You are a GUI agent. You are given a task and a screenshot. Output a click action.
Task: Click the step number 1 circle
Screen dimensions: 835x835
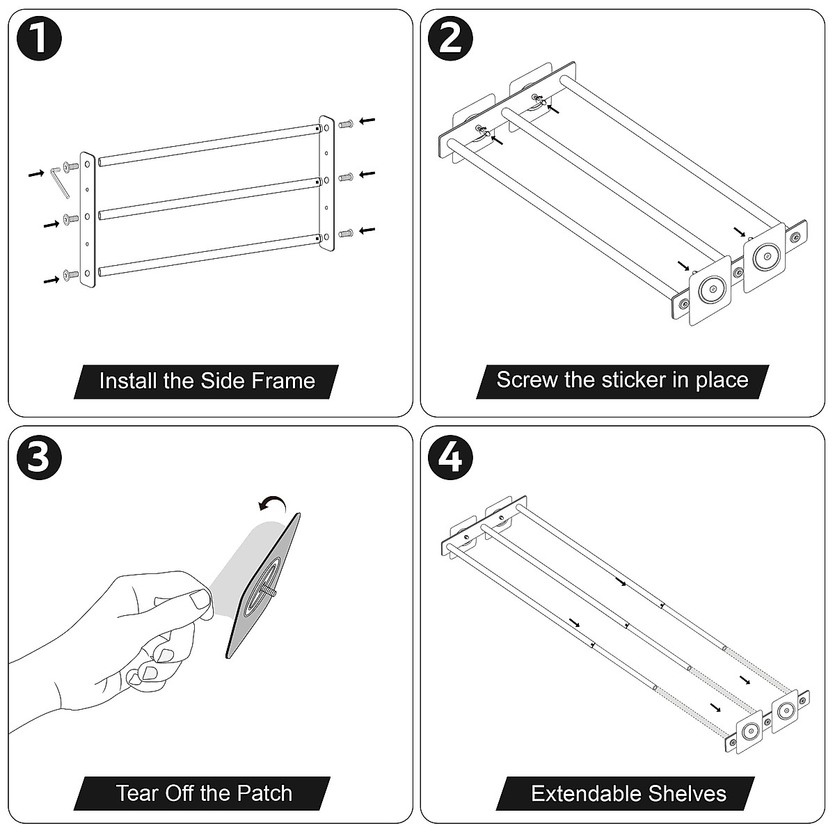tap(39, 39)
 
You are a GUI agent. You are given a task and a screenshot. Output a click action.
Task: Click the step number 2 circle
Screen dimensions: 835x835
tap(452, 39)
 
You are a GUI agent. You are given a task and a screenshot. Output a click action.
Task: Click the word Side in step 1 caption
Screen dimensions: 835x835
tap(221, 381)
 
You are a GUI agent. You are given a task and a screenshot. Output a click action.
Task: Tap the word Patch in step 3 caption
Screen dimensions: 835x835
tap(264, 793)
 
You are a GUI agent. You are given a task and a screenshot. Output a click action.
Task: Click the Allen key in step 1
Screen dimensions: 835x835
tap(57, 182)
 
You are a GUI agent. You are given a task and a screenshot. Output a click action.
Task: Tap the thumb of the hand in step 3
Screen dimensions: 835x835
tap(200, 601)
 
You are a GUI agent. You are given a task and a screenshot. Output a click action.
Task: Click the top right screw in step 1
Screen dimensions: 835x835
tap(346, 124)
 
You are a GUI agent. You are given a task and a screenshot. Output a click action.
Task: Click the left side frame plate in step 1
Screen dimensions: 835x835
tap(87, 220)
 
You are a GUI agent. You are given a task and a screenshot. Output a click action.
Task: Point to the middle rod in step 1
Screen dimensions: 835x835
tap(209, 197)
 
